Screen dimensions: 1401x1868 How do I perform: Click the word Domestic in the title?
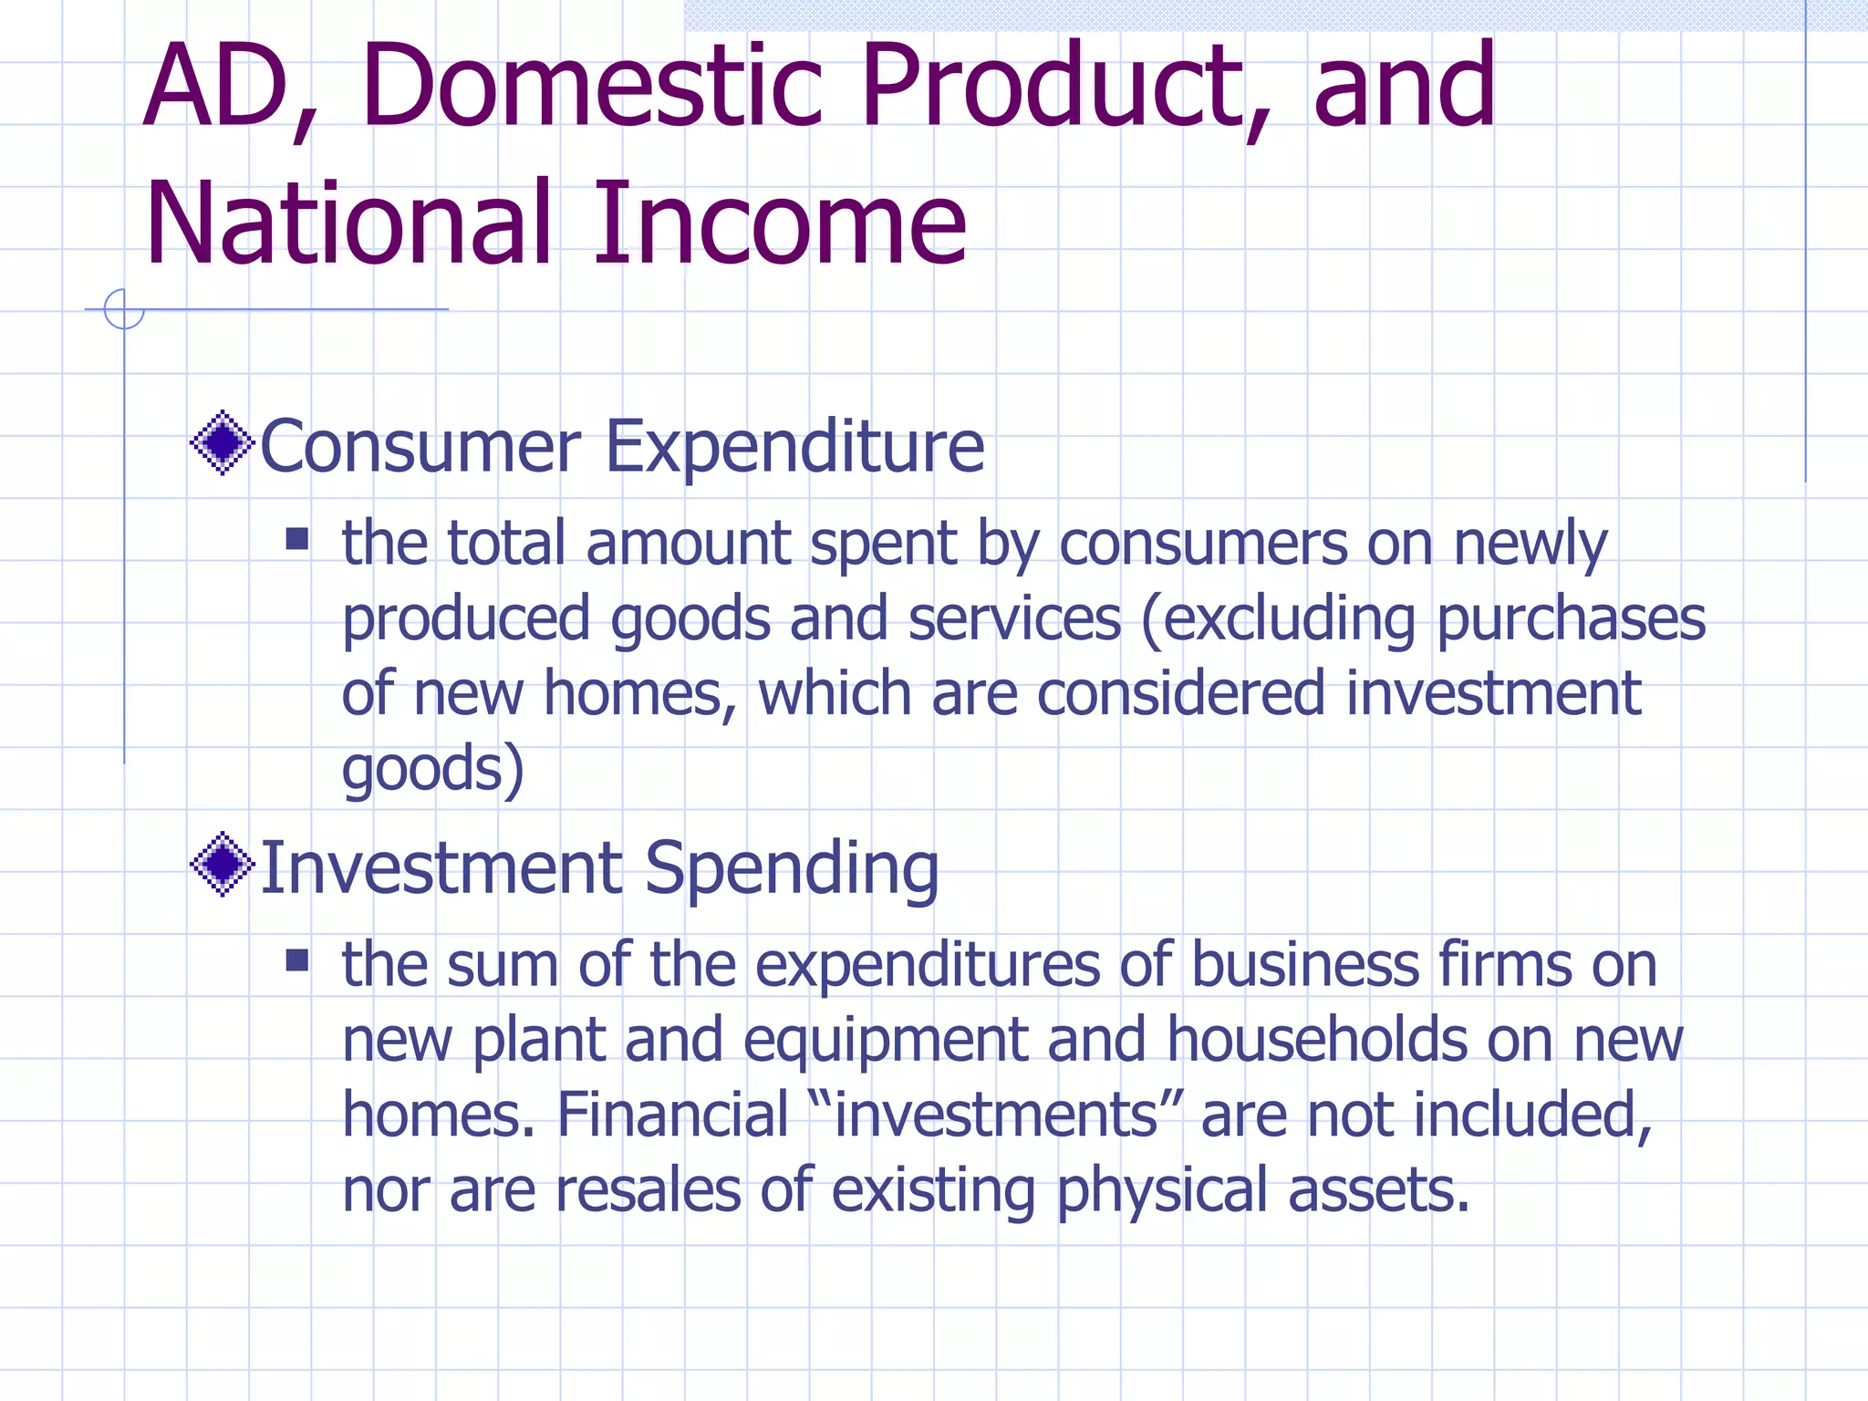point(593,86)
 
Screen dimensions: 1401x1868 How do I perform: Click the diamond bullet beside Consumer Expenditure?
point(222,443)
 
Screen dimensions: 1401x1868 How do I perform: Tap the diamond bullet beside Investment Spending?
point(222,864)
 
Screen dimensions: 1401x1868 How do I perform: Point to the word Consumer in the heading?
point(420,447)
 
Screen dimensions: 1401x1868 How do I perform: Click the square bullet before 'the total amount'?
point(297,539)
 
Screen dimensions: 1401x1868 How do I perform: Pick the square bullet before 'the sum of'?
point(297,960)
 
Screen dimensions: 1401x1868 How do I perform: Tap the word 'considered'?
point(1181,693)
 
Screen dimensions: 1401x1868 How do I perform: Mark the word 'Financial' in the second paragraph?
point(672,1116)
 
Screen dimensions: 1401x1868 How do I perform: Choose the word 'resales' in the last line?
point(648,1190)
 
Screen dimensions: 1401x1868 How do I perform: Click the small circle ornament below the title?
point(124,309)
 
